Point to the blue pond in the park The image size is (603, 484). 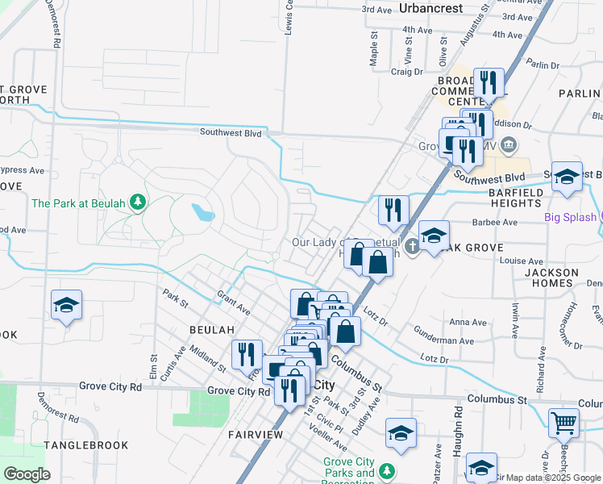tap(203, 213)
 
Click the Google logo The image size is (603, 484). tap(27, 474)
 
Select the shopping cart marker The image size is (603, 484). tap(563, 421)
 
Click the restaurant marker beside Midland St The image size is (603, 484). tap(247, 354)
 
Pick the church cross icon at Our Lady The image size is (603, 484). tap(412, 245)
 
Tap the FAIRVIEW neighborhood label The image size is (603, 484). tap(255, 435)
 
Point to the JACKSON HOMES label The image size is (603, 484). tap(551, 278)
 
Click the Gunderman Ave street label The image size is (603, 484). tap(444, 341)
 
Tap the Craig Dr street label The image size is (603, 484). tap(406, 72)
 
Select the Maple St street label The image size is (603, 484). tap(374, 49)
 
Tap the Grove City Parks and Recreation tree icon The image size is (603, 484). tap(387, 469)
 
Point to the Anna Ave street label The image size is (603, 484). tap(468, 322)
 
